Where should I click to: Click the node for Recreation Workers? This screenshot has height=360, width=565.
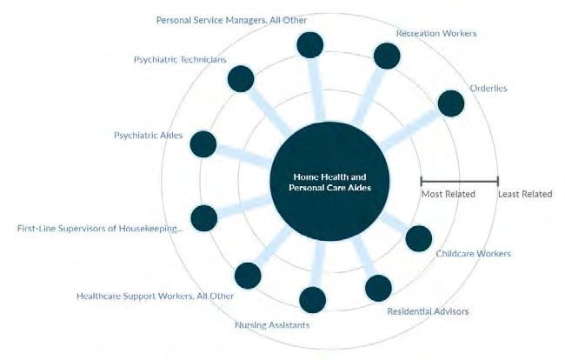387,56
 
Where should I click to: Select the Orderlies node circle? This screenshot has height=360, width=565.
451,103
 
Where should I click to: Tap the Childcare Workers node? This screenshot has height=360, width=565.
419,238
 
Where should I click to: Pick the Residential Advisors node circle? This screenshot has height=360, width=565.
379,288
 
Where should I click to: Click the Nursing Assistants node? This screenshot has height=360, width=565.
312,300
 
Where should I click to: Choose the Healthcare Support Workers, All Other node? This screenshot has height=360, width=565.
248,276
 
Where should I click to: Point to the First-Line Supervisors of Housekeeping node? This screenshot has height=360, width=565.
203,217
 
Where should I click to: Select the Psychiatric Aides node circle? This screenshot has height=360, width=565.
203,144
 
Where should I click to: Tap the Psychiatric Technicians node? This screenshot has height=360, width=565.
241,79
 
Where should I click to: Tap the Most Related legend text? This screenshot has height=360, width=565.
448,194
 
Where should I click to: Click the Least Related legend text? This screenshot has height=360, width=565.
524,194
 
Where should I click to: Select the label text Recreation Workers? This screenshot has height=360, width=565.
436,33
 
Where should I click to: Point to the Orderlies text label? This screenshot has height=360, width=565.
489,88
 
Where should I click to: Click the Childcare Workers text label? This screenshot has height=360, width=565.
473,254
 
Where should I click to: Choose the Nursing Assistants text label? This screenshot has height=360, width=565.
272,325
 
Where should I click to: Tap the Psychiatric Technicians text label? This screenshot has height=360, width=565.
180,59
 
